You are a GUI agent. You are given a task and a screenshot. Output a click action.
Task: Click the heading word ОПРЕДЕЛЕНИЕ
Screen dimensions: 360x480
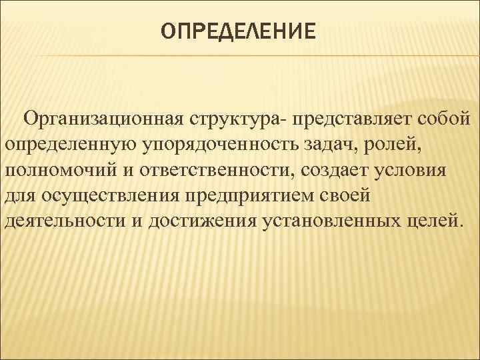[x=237, y=32]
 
